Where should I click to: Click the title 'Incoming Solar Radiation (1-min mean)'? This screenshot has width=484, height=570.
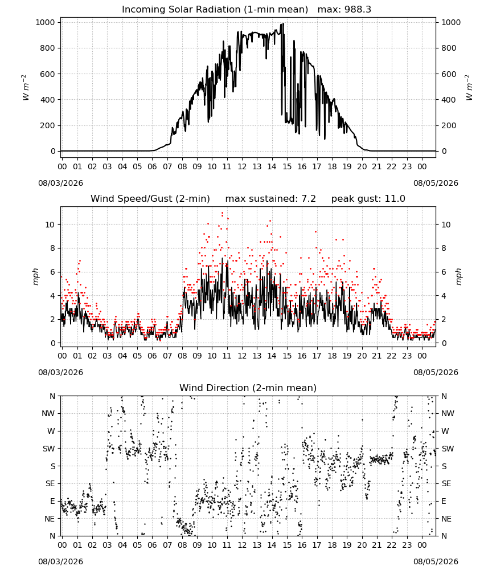click(x=215, y=10)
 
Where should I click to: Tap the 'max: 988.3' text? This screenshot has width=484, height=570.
click(x=344, y=10)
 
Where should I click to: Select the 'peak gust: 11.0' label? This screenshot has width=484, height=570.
click(x=368, y=199)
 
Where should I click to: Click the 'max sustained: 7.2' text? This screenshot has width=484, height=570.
click(x=270, y=199)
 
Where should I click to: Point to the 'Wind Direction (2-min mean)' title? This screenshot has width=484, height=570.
click(x=248, y=388)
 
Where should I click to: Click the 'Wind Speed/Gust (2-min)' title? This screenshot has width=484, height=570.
click(x=150, y=199)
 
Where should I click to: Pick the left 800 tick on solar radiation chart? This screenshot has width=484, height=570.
click(x=48, y=48)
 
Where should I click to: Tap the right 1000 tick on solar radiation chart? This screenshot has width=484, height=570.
click(x=451, y=22)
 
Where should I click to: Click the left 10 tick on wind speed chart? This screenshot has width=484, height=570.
click(x=50, y=225)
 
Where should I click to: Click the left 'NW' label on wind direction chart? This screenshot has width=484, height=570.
click(x=48, y=413)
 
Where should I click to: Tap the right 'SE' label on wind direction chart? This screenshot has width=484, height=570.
click(x=446, y=483)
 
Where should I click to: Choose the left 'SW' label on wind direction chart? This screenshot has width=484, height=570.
click(x=48, y=449)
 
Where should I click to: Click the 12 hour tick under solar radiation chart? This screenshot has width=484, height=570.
click(x=242, y=166)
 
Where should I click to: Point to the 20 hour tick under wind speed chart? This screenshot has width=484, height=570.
click(x=362, y=356)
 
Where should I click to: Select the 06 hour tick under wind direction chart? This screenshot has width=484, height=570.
click(x=152, y=545)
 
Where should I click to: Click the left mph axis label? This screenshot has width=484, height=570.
click(x=35, y=276)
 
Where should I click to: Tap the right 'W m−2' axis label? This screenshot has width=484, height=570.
click(x=469, y=88)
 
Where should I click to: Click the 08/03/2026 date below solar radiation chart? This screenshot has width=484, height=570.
click(x=60, y=183)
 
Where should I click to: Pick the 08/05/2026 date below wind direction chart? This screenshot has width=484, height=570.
click(x=436, y=561)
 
